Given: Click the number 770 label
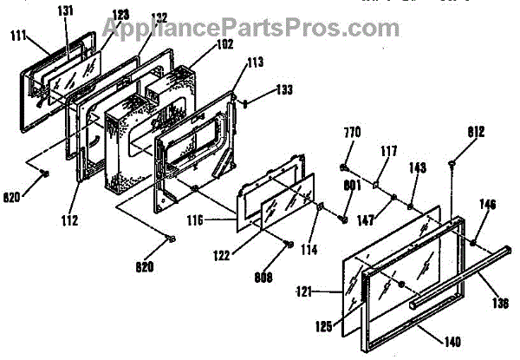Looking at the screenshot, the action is point(352,135).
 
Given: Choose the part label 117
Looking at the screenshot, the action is point(387,152).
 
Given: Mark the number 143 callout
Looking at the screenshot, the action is point(418,171).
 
